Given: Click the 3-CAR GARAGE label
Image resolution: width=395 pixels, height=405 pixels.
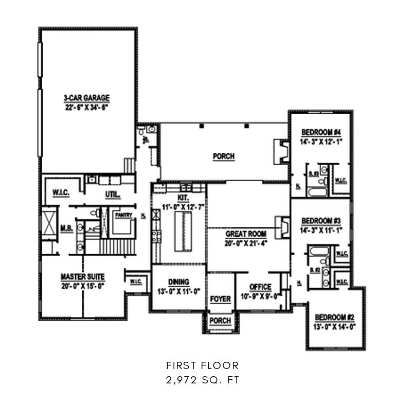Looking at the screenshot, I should [x=86, y=97].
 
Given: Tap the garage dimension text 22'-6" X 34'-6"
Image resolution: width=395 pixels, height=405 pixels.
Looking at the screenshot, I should [x=86, y=106].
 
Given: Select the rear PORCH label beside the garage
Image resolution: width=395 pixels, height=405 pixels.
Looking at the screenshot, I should [x=223, y=156].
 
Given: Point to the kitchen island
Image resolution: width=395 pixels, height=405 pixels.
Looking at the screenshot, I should [x=182, y=232].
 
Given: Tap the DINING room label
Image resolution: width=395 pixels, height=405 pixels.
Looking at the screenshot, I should [x=178, y=282].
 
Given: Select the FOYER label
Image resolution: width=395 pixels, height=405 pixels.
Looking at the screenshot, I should [x=221, y=299].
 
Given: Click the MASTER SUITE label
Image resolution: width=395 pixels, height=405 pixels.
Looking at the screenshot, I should [x=83, y=277].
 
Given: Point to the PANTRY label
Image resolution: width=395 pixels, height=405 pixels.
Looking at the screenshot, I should [x=123, y=216].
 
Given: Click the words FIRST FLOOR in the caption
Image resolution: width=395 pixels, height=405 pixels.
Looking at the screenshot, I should [x=202, y=366].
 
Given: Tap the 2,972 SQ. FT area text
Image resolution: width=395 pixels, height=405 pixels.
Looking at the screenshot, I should [x=202, y=381].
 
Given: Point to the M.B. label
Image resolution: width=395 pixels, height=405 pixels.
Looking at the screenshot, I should [x=65, y=227].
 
